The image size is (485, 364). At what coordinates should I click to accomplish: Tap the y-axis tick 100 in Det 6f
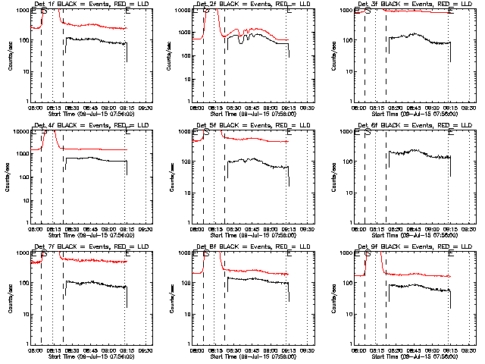click(x=349, y=162)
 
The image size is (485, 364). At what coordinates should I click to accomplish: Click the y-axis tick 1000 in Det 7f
click(x=25, y=253)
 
